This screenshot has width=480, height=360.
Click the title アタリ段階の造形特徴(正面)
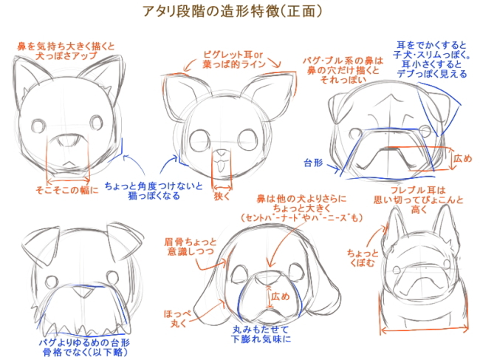[x=232, y=11]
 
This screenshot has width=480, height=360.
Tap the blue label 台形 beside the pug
[x=313, y=163]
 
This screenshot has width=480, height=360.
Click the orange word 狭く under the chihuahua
[x=222, y=197]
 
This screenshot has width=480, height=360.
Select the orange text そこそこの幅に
[x=67, y=190]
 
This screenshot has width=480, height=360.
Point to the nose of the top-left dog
[x=68, y=140]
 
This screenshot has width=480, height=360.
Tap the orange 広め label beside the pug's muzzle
[x=462, y=158]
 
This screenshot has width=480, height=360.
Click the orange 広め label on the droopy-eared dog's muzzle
[x=280, y=296]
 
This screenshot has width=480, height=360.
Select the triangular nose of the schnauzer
[x=83, y=292]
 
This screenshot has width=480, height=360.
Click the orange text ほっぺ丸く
[x=177, y=319]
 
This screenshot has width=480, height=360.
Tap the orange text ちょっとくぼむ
[x=363, y=258]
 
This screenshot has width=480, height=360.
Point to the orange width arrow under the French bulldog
[x=425, y=330]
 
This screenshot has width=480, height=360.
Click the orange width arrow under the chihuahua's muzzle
[x=222, y=187]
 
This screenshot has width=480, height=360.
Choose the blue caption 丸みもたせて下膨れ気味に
[x=261, y=334]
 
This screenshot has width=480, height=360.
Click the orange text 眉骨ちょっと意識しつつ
[x=190, y=247]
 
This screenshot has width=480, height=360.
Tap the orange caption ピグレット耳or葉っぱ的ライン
[x=233, y=59]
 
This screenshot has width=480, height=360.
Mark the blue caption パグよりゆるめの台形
[x=84, y=342]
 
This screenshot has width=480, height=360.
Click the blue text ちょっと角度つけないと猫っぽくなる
[x=154, y=191]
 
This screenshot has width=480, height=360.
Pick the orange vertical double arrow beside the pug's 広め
[x=450, y=158]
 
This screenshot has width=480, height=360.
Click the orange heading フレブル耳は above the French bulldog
[x=418, y=191]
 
